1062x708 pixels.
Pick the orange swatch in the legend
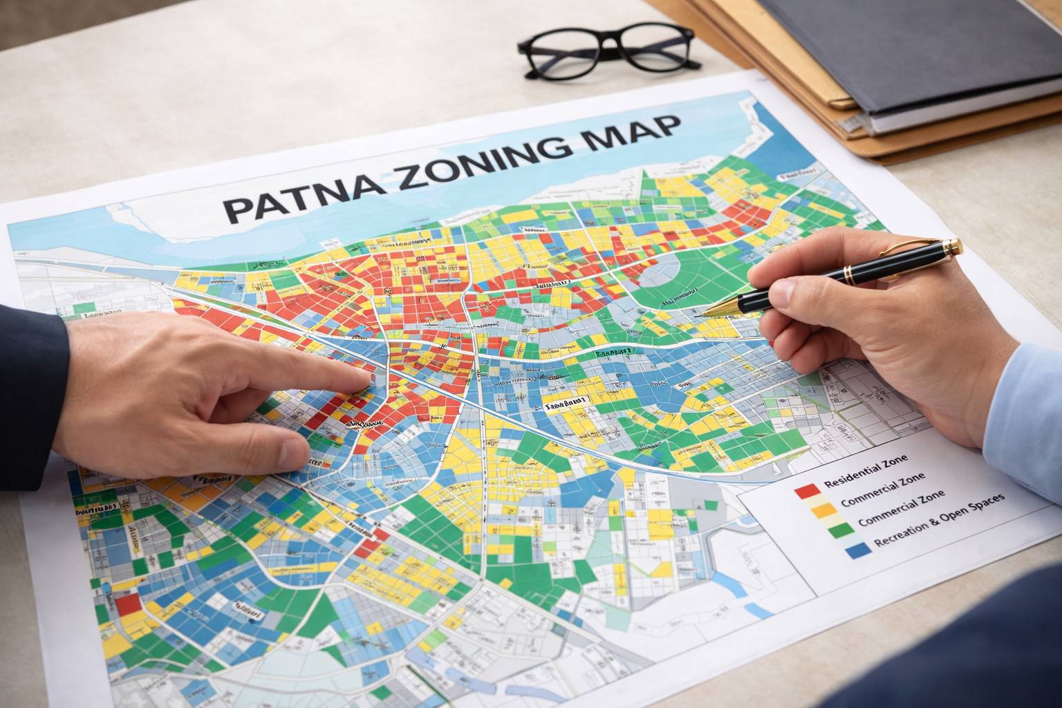tap(823, 510)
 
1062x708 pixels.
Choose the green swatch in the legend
tap(839, 530)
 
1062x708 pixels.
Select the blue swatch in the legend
tap(857, 550)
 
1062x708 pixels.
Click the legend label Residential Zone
tap(866, 472)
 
